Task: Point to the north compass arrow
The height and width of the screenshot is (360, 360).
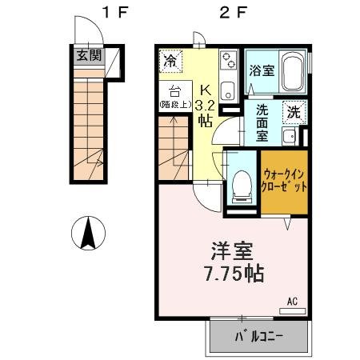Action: [90, 234]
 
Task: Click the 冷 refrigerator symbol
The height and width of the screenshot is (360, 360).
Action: [170, 59]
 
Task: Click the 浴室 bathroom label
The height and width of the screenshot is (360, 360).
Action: [261, 70]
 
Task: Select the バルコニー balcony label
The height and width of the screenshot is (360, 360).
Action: [259, 338]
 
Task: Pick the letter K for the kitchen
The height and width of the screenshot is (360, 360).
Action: [205, 89]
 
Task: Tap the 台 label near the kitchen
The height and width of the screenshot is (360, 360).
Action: [174, 90]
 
